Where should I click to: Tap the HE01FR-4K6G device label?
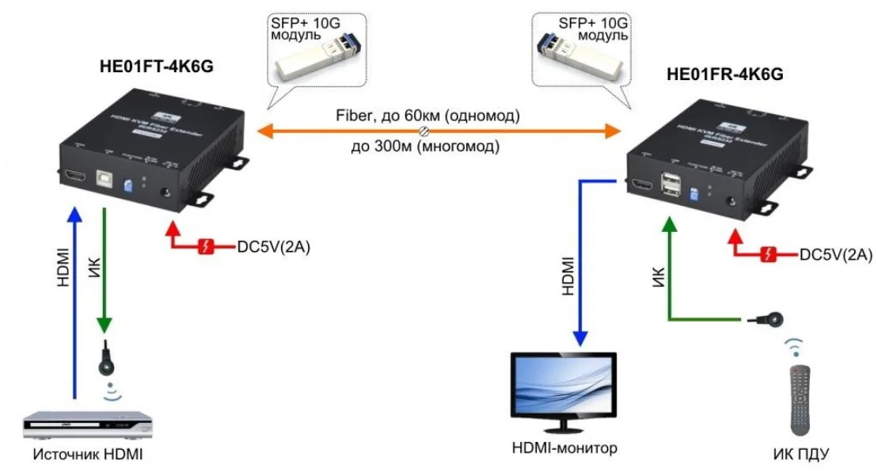(x=725, y=75)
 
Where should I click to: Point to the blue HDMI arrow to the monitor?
(x=580, y=261)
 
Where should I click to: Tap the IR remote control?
(x=800, y=398)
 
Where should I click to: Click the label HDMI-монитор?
(x=564, y=448)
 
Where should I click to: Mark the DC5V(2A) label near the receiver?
(x=836, y=254)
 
